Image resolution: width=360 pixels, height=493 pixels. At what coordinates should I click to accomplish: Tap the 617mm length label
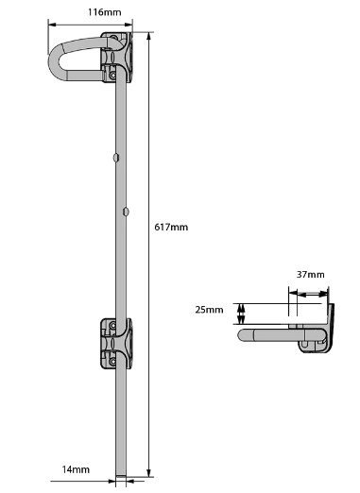click(x=171, y=228)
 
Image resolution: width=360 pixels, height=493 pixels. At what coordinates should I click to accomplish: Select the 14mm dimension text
click(x=76, y=469)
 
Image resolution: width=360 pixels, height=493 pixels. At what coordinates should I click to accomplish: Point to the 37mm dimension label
click(x=310, y=275)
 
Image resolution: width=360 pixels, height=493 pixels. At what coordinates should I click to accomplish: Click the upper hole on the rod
click(x=115, y=157)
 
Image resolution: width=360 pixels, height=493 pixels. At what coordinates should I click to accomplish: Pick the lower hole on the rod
click(x=124, y=212)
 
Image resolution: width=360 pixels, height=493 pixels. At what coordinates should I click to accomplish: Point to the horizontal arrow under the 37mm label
click(x=308, y=294)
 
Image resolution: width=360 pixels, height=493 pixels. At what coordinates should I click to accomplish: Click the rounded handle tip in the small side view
click(x=244, y=333)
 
